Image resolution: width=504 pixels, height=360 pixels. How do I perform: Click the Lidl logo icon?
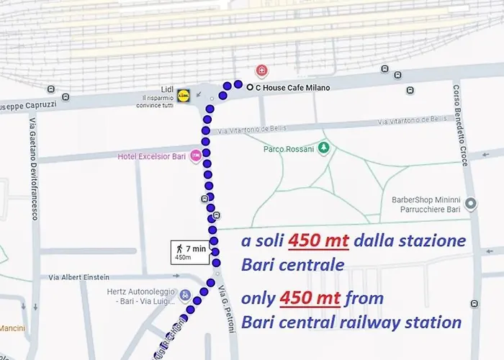183,94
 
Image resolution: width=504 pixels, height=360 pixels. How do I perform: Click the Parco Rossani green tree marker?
325,148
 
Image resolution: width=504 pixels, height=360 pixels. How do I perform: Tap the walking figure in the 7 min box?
179,249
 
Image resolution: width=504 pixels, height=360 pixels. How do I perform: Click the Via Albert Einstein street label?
79,277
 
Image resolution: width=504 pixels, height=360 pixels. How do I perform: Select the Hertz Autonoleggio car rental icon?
185,295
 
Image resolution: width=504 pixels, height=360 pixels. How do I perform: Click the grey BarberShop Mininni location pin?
471,204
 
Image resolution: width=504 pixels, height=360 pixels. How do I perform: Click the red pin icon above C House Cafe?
261,71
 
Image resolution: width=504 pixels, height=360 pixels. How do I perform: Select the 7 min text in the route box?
195,249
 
